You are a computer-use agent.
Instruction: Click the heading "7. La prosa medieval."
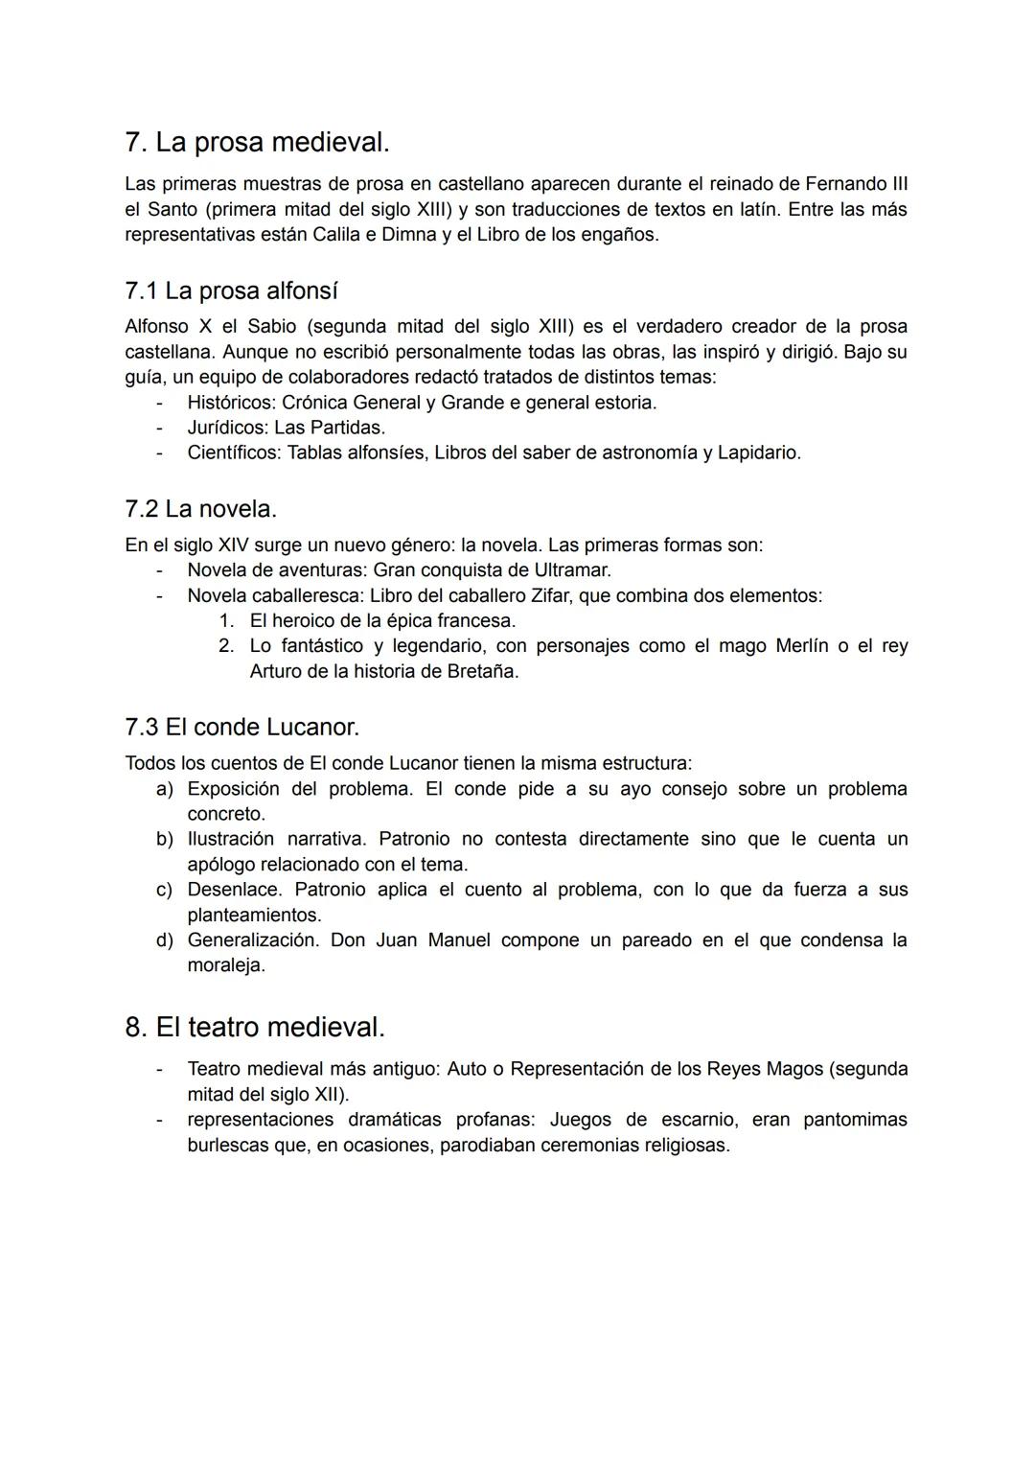(x=257, y=142)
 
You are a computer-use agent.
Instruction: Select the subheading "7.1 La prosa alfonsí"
(x=231, y=290)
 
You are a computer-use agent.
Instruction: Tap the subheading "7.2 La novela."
(x=200, y=509)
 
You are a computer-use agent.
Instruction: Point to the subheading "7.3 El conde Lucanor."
(x=241, y=728)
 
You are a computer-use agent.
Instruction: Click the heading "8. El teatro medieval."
(x=255, y=1028)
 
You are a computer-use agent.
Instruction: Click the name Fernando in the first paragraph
(x=842, y=183)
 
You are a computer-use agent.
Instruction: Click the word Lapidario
(x=758, y=453)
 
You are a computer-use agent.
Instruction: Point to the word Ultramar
(x=571, y=570)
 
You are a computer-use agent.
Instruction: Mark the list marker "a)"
(x=165, y=789)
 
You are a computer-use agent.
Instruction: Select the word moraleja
(x=226, y=965)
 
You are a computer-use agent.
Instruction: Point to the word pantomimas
(x=855, y=1120)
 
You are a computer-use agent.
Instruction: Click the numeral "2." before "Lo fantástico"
(x=226, y=646)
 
